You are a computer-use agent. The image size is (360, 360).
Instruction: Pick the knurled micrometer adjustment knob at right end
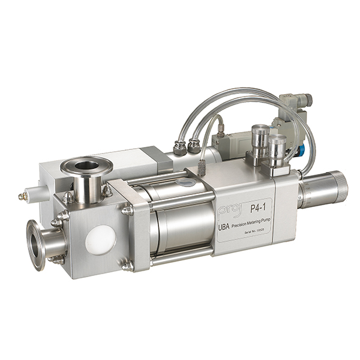[x=334, y=186]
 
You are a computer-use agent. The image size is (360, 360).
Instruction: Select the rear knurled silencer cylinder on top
[x=260, y=138]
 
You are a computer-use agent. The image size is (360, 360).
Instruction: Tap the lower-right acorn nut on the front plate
[x=127, y=265]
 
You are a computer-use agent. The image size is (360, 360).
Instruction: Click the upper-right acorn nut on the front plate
[x=127, y=210]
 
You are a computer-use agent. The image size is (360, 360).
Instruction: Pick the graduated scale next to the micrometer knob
[x=310, y=195]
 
